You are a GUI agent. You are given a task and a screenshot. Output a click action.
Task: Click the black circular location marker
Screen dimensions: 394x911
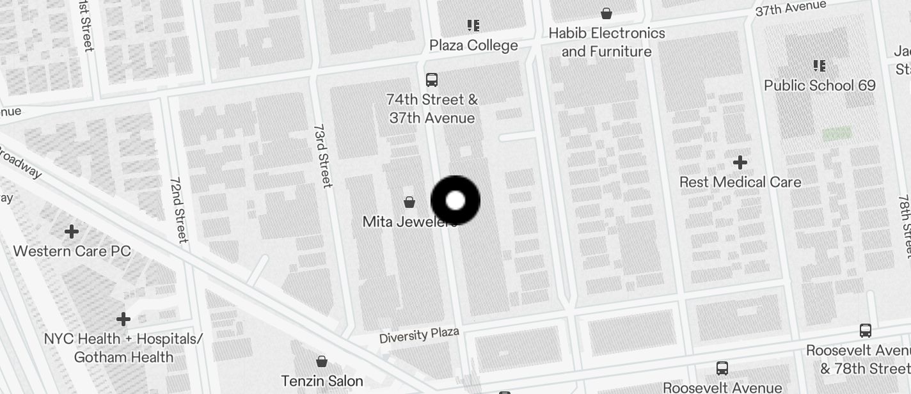point(455,200)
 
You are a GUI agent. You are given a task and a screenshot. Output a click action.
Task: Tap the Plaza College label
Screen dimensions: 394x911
point(473,45)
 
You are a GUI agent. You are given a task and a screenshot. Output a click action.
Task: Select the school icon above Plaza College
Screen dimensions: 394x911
point(473,26)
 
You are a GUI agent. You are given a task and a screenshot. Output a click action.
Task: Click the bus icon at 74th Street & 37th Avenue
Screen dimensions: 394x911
point(432,80)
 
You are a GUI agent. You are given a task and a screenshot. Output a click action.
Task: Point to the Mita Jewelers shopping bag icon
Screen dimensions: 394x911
point(409,202)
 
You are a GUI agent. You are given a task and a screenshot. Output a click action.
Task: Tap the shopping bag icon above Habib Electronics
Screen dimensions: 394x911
point(606,13)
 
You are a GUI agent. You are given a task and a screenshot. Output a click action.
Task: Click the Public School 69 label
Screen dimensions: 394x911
point(820,85)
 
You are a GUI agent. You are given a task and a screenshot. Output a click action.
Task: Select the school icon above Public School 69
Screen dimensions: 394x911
point(820,65)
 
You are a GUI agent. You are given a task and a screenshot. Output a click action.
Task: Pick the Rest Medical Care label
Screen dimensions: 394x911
point(740,182)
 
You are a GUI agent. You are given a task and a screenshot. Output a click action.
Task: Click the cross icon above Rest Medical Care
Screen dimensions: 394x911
point(740,162)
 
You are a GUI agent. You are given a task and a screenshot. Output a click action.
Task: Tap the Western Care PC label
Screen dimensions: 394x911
point(72,251)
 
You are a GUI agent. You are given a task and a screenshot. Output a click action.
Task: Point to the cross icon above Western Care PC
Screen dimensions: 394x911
point(72,231)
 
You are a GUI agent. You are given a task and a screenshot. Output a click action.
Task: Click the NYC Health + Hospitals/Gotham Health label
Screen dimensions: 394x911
point(123,347)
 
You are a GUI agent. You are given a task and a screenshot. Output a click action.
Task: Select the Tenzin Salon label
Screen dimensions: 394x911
point(322,381)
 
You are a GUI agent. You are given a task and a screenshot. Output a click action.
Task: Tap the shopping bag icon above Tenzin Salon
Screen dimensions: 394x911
point(322,361)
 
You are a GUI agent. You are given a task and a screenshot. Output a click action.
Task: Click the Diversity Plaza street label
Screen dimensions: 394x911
point(419,335)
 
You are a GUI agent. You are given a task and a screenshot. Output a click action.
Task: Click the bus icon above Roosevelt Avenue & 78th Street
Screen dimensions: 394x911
point(866,331)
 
